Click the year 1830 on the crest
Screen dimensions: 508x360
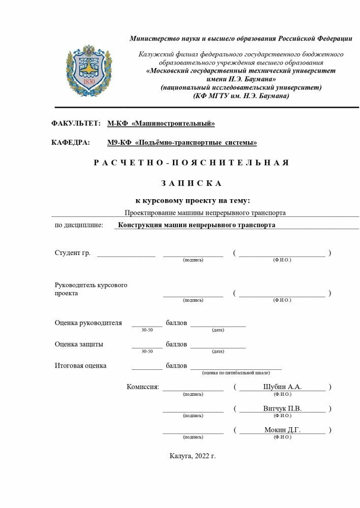88,82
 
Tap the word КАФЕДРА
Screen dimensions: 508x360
71,143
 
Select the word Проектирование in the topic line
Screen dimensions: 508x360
151,213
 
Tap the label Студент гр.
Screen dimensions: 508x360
73,253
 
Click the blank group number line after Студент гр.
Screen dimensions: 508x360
126,254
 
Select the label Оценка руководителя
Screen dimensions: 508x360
88,323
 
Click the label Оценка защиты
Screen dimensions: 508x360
79,344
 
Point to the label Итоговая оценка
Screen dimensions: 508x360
80,365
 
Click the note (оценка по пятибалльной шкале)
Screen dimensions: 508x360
235,372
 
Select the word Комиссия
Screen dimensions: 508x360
143,387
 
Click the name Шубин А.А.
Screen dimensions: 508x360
282,387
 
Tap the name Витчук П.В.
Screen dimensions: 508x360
282,408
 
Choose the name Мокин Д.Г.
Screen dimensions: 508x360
282,430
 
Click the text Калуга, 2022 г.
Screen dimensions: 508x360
193,456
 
